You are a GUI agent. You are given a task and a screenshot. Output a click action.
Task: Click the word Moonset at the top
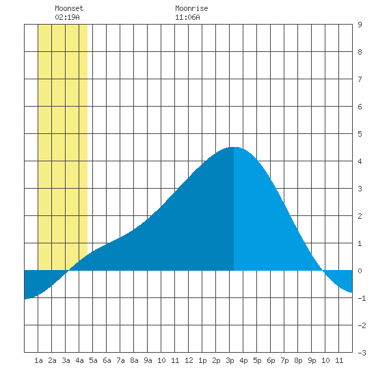(69, 8)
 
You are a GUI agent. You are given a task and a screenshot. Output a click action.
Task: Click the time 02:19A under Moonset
(67, 17)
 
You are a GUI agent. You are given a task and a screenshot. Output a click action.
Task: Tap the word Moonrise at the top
(191, 8)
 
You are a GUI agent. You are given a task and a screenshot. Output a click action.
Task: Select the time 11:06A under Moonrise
(187, 17)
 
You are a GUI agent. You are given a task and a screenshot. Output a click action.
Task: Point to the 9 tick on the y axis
(360, 25)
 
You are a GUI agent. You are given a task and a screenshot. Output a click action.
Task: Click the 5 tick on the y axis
(360, 134)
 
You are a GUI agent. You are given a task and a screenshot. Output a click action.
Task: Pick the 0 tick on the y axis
(360, 271)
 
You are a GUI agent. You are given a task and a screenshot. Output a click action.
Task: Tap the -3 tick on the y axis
(362, 353)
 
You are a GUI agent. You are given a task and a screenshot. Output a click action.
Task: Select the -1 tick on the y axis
(362, 298)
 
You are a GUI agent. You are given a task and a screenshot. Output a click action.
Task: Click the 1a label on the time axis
(38, 360)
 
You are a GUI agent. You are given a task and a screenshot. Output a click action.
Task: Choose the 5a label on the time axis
(93, 360)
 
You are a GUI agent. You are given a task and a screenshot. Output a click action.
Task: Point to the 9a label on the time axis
(148, 360)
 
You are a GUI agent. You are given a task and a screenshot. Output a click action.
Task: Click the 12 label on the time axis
(189, 360)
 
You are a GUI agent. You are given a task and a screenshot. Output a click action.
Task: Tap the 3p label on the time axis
(230, 360)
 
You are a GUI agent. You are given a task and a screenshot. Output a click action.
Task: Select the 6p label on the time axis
(271, 360)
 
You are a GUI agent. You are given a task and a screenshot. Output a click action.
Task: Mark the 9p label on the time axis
(312, 360)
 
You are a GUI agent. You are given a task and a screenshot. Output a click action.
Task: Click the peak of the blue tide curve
(234, 147)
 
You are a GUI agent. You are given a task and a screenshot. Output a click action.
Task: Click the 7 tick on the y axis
(360, 79)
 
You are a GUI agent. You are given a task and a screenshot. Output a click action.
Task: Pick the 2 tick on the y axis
(360, 216)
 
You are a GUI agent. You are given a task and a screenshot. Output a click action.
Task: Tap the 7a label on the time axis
(120, 360)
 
